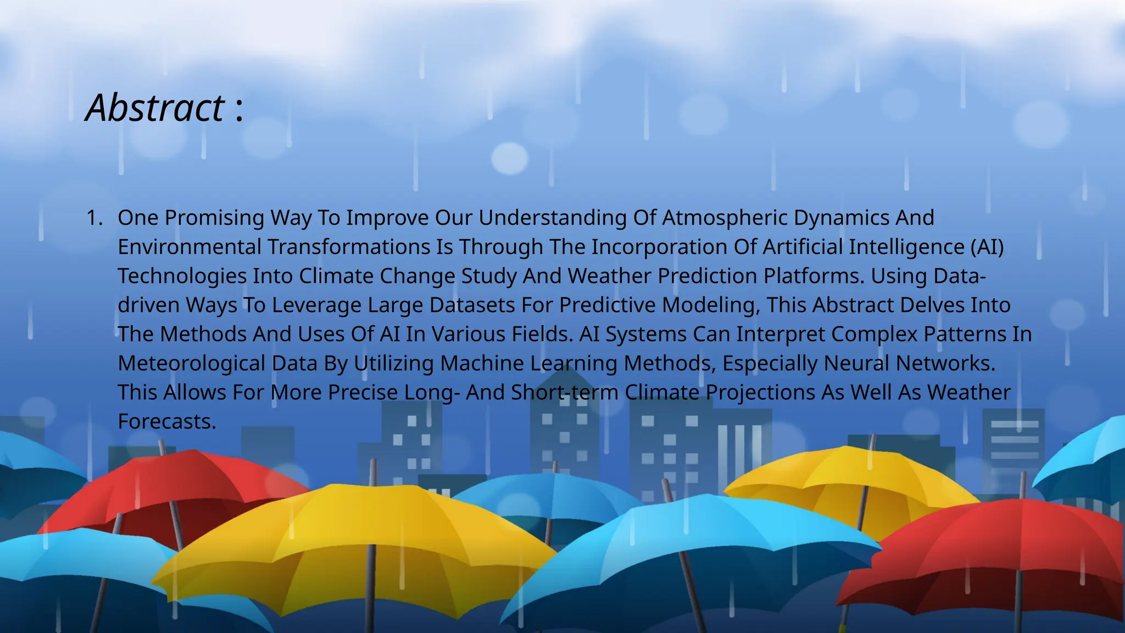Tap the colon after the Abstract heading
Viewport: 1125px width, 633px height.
[x=239, y=110]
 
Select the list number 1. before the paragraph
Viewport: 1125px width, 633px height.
[x=94, y=218]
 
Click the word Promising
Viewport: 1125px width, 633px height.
[x=214, y=218]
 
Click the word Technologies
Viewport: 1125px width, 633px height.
[x=182, y=276]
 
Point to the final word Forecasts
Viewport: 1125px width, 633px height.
[x=166, y=422]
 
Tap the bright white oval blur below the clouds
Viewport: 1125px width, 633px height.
[x=509, y=158]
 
